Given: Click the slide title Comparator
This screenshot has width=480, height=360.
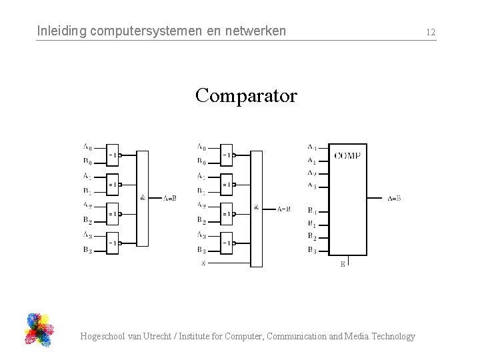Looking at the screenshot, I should (246, 96).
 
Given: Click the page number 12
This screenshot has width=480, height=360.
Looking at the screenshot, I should (431, 32).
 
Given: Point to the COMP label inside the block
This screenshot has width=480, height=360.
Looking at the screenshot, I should (347, 155).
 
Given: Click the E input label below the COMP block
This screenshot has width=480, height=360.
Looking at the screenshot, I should (343, 265).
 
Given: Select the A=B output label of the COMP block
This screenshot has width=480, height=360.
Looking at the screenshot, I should (394, 198).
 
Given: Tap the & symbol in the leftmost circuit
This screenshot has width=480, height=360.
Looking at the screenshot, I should (143, 197).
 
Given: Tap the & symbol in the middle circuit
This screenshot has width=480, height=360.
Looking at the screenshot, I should (257, 207).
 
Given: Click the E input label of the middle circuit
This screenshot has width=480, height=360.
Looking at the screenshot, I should (203, 263).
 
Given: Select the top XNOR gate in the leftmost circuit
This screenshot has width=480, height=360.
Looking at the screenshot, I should (113, 155).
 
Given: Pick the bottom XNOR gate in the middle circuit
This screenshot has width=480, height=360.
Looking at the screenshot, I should (227, 243).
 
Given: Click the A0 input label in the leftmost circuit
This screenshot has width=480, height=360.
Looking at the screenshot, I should (87, 147).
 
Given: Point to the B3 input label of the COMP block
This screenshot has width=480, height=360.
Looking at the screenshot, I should (311, 249).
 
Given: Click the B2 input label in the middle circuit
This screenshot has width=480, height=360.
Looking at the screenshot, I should (201, 220).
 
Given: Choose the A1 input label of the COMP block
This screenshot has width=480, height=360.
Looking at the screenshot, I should (311, 160).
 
